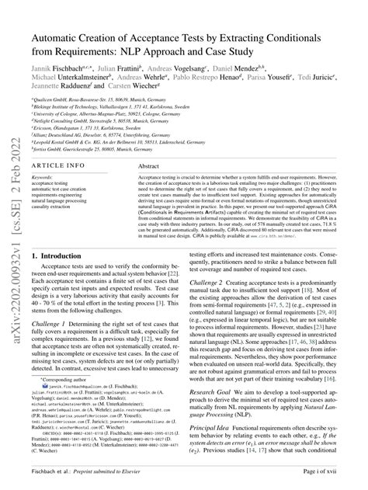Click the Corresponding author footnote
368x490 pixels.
(71, 401)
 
